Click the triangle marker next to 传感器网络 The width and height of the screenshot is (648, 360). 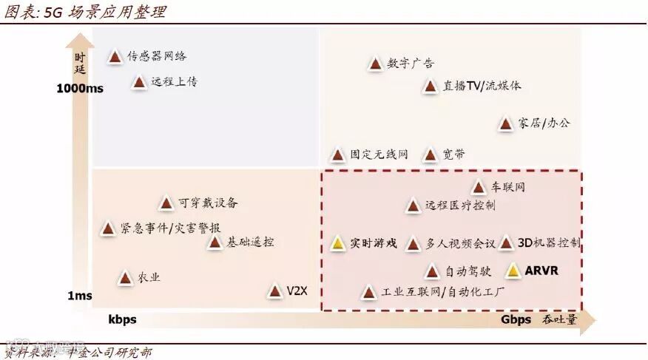(x=115, y=56)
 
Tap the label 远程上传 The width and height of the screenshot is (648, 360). (x=174, y=82)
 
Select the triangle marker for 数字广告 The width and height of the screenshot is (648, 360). (x=375, y=64)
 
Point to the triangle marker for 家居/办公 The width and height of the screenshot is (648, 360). (x=506, y=124)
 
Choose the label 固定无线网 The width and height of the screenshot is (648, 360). (x=379, y=155)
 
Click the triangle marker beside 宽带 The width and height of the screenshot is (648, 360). (x=430, y=155)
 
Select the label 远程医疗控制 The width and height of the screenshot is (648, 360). (x=460, y=206)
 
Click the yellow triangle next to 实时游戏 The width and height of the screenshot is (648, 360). (x=337, y=243)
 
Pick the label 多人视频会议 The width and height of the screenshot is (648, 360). (x=460, y=243)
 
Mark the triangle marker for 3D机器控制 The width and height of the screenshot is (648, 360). (x=506, y=242)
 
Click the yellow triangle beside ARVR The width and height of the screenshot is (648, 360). (x=513, y=271)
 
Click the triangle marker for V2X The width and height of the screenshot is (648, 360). (x=275, y=291)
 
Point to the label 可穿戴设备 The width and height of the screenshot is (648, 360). (x=208, y=203)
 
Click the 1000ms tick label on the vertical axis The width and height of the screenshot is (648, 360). (x=80, y=89)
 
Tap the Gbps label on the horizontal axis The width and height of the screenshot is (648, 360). (x=516, y=320)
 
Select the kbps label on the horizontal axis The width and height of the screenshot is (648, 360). (x=122, y=320)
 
